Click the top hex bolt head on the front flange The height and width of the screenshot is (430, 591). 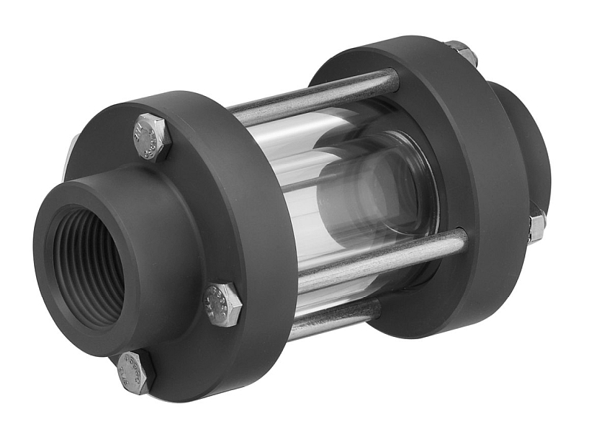coord(151,137)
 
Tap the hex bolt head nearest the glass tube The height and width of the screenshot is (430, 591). coord(222,304)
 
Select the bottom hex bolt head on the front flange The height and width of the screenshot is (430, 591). coord(136,371)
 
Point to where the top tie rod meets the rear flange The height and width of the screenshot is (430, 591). coord(395,80)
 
